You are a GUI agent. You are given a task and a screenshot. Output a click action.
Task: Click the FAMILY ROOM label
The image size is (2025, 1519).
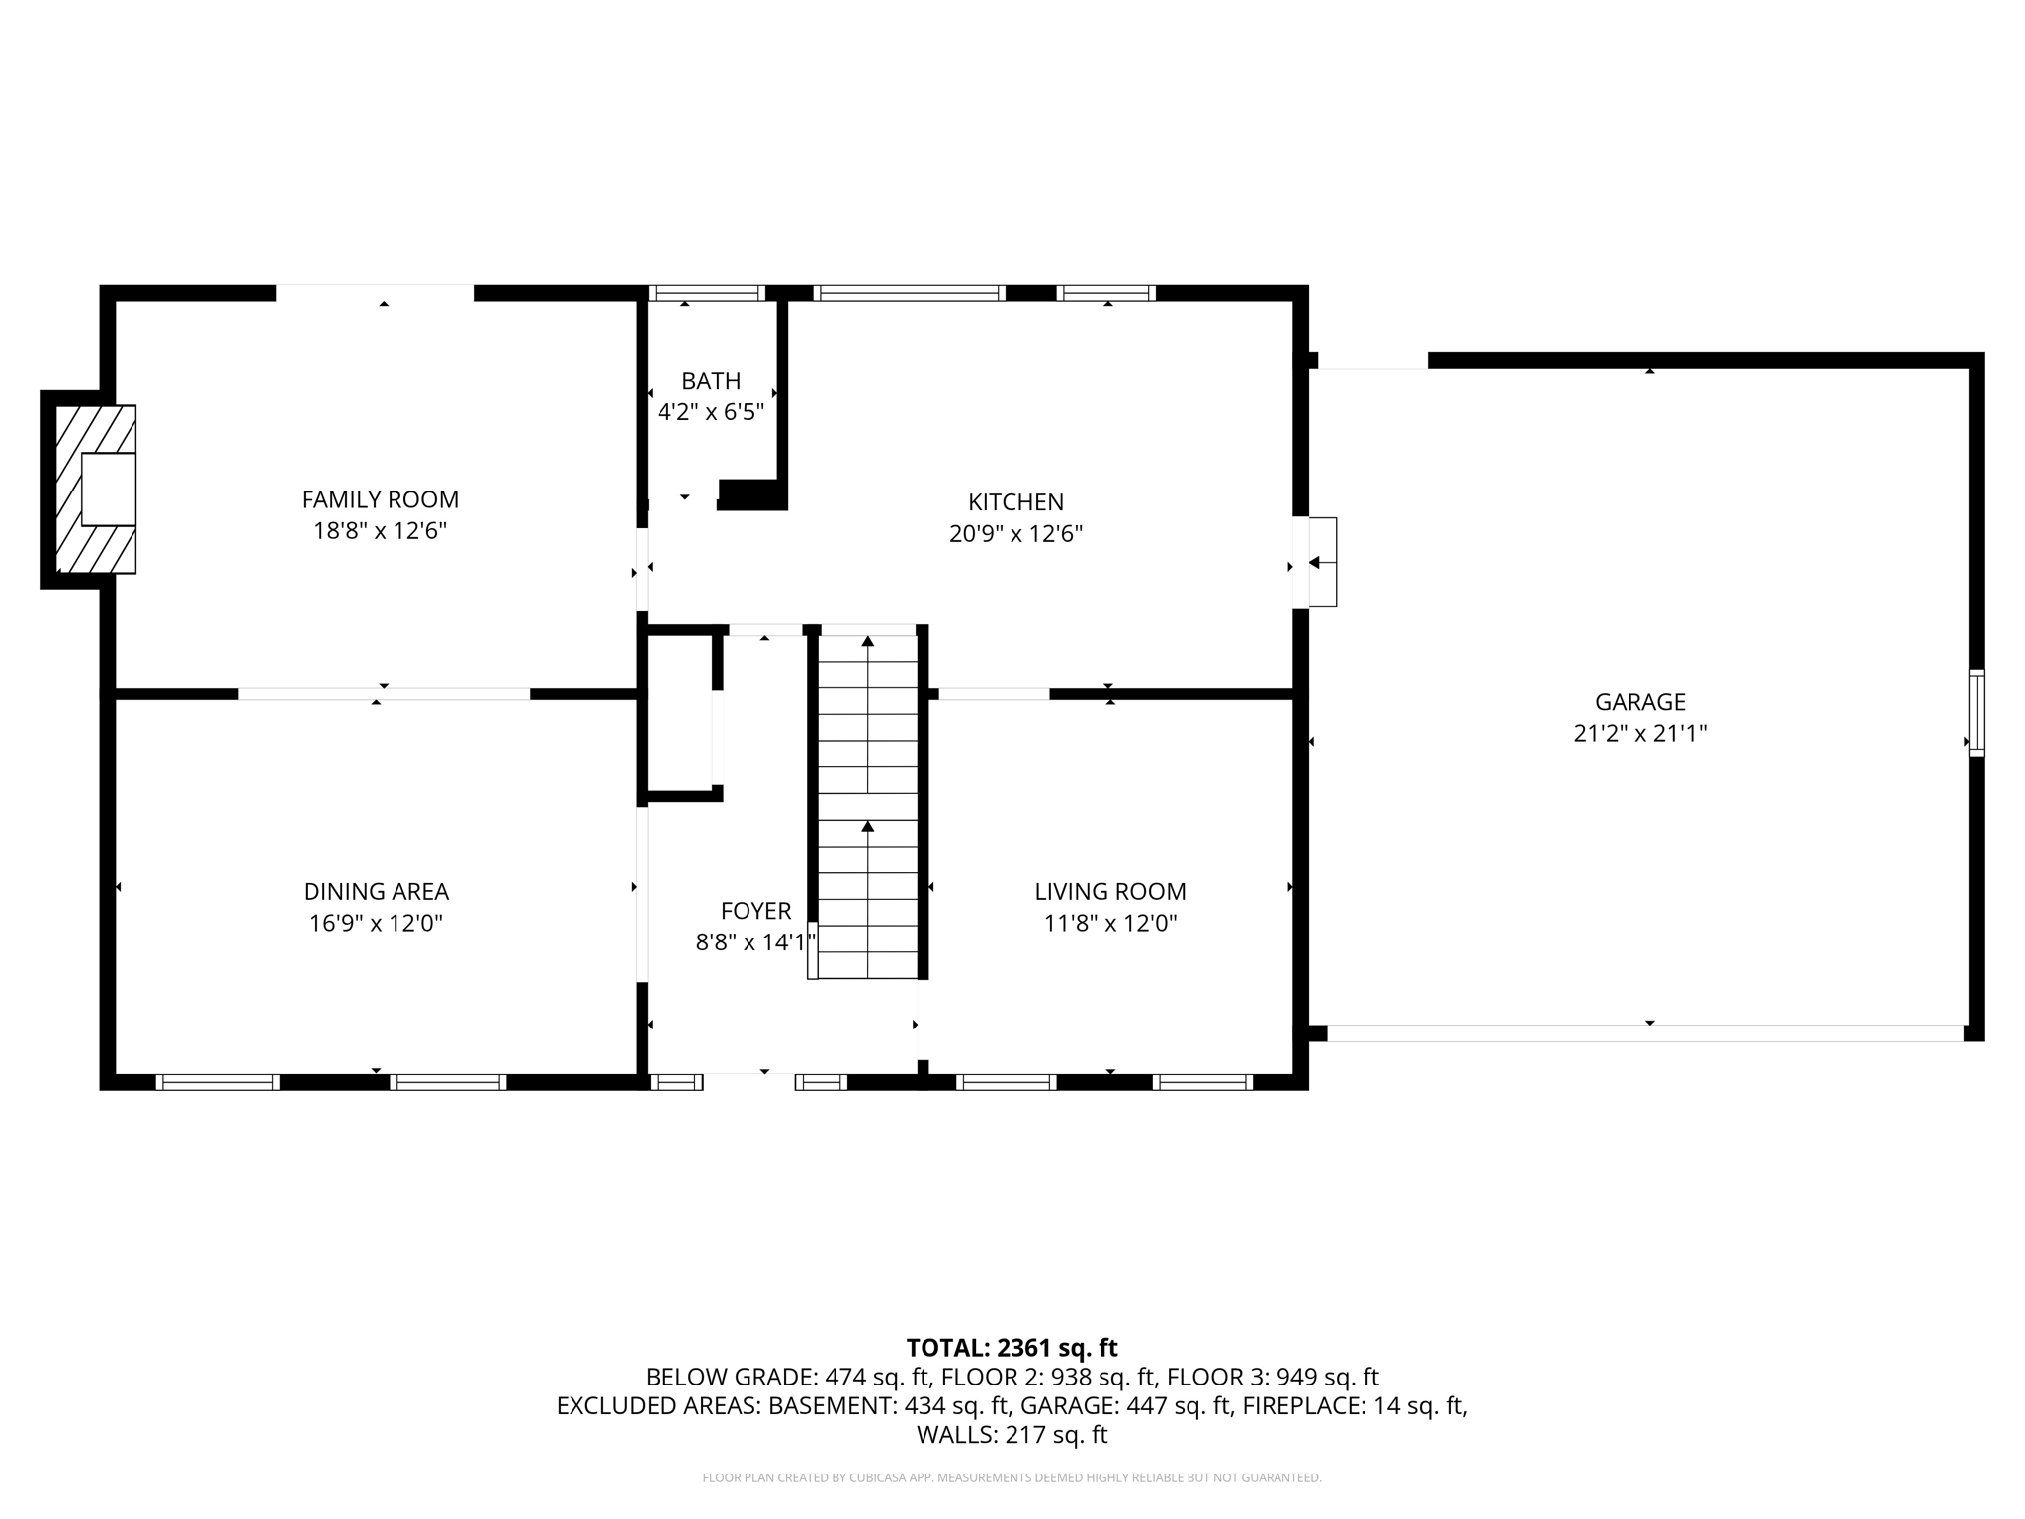click(380, 499)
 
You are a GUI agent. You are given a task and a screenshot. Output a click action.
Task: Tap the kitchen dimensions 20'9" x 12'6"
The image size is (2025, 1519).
click(1015, 534)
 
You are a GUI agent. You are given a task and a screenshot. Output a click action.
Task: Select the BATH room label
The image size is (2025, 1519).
click(711, 381)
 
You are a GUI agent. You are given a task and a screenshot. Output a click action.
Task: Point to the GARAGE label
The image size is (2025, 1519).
click(1639, 702)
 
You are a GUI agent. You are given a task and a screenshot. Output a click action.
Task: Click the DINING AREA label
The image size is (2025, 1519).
click(376, 891)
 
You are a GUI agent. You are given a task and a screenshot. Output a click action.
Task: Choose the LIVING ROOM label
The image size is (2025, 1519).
click(1109, 891)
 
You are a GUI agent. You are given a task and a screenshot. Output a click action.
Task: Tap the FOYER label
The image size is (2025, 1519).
click(755, 911)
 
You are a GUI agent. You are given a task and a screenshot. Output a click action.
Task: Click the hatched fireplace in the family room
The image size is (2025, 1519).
click(96, 489)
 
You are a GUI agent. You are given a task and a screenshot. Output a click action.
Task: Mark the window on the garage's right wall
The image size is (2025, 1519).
click(1976, 712)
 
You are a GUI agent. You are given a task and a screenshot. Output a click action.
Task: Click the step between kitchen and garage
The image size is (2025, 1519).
click(1322, 562)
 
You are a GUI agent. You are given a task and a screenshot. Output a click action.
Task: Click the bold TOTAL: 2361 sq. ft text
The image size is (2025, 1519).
click(1012, 1348)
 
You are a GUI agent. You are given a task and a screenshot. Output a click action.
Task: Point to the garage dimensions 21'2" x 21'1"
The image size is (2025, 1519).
click(1639, 734)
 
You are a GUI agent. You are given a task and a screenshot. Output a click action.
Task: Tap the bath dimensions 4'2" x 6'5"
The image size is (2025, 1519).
click(711, 412)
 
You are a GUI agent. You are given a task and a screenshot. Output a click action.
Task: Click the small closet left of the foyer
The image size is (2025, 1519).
click(679, 712)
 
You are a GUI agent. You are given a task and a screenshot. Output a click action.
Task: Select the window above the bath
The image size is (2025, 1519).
click(707, 293)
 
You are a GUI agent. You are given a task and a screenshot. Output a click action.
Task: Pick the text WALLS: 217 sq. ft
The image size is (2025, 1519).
click(1012, 1434)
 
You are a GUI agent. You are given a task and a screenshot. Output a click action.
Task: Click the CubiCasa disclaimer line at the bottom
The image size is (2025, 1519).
click(1012, 1477)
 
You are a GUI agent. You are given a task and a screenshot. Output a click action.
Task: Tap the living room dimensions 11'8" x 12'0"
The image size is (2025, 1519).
click(1109, 923)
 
